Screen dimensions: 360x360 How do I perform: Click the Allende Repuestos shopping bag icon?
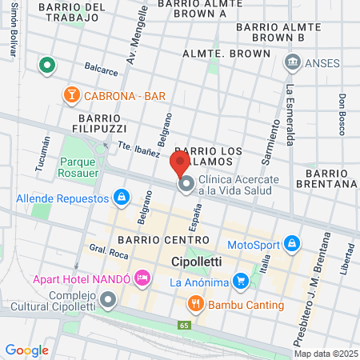[x=121, y=197]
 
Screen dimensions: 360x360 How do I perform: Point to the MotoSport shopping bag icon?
[x=293, y=242]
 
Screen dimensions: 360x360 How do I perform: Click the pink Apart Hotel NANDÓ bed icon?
[x=143, y=278]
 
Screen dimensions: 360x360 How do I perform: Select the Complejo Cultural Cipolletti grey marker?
[x=109, y=300]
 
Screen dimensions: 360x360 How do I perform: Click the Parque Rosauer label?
[x=78, y=166]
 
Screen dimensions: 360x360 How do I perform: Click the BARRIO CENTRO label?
[x=152, y=239]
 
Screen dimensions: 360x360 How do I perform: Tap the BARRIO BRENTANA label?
[x=330, y=178]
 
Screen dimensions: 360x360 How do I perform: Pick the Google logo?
[x=26, y=350]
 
